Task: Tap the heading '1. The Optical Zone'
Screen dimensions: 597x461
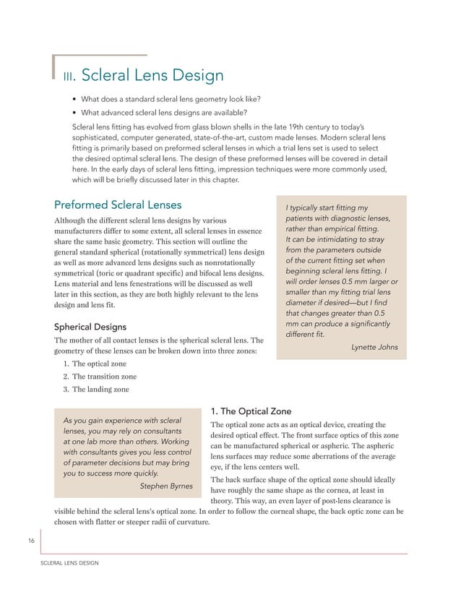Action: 250,411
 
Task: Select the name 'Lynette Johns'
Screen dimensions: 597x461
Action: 374,347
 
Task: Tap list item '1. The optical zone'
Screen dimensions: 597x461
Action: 94,364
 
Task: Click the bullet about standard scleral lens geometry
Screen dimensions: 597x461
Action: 171,99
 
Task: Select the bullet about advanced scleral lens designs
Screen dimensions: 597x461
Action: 163,113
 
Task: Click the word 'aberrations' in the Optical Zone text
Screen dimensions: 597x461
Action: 327,457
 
